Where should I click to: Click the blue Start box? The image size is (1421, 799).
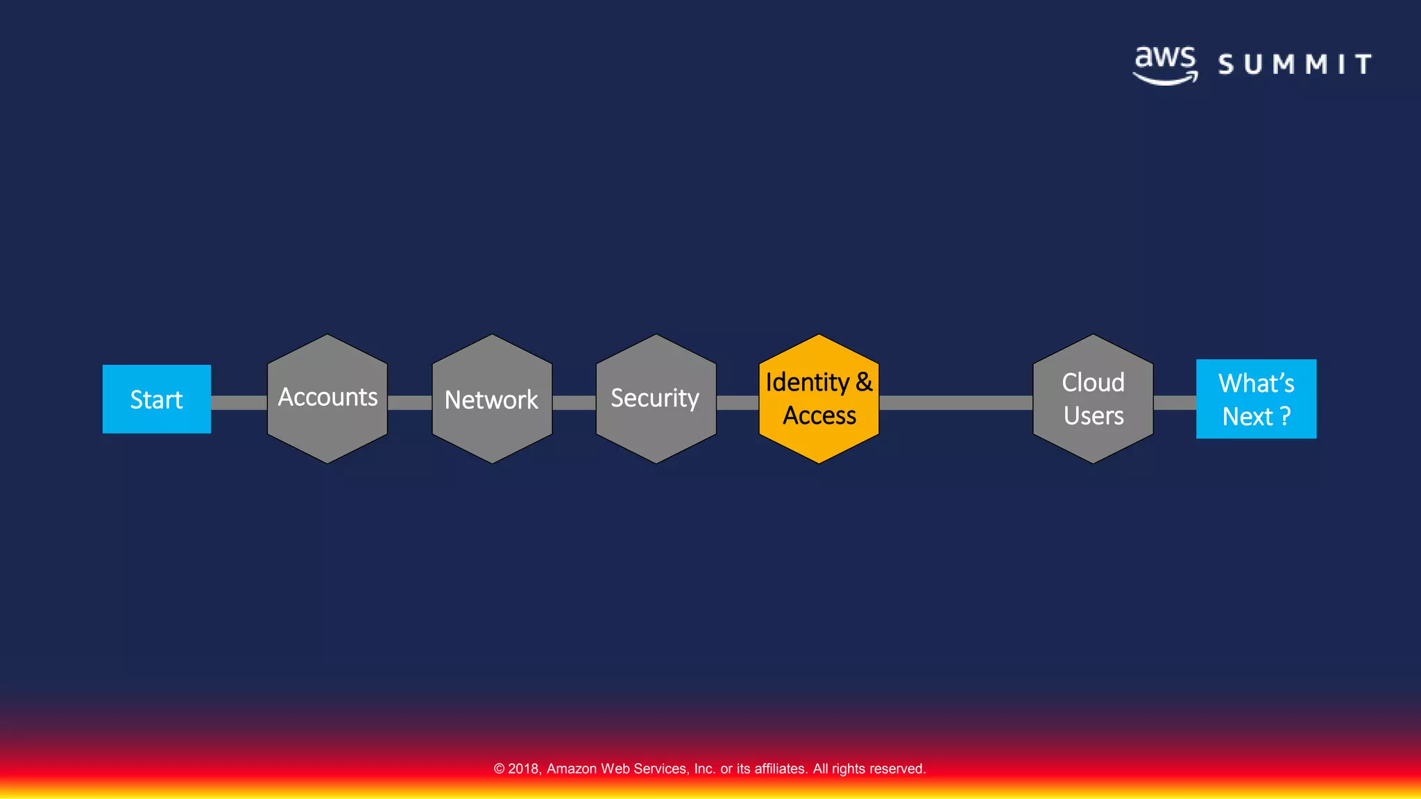click(157, 399)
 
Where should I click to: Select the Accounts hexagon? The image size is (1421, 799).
click(327, 399)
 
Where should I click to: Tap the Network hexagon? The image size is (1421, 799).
click(492, 399)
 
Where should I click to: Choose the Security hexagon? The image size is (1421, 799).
click(656, 399)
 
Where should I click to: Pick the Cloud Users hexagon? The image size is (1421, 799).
click(1093, 399)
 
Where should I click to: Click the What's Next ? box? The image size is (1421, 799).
click(1256, 399)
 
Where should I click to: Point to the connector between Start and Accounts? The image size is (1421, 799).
click(239, 403)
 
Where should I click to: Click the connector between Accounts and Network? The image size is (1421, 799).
click(409, 403)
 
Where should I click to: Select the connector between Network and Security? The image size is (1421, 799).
click(574, 403)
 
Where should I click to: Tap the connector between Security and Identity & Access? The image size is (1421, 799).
click(738, 403)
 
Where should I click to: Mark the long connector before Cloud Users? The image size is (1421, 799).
click(955, 403)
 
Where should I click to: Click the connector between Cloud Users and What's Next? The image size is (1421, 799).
click(1175, 403)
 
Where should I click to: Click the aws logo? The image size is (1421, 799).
click(1166, 65)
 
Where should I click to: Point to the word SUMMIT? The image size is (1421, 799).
click(1295, 65)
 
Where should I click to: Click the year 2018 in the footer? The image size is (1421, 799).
click(524, 768)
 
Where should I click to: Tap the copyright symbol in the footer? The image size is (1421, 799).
click(499, 768)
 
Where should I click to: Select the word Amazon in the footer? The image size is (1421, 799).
click(572, 768)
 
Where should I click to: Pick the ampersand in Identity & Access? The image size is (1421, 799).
click(864, 382)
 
